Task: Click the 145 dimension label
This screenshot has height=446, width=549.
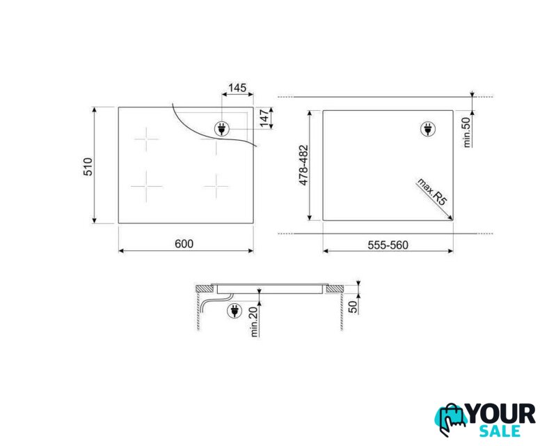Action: (x=237, y=87)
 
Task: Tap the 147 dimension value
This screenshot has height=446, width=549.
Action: (x=264, y=118)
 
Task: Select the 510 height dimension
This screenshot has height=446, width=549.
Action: (x=88, y=167)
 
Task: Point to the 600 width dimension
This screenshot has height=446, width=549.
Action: (x=184, y=244)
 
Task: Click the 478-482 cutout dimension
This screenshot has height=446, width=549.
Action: (x=303, y=165)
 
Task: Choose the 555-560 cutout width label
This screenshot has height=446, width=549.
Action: (x=388, y=245)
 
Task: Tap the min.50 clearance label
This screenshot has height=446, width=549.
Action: (x=467, y=132)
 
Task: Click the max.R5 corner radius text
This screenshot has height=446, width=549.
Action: (x=431, y=192)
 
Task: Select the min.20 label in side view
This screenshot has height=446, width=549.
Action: (x=255, y=321)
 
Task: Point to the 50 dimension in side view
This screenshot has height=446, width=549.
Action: (x=353, y=307)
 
